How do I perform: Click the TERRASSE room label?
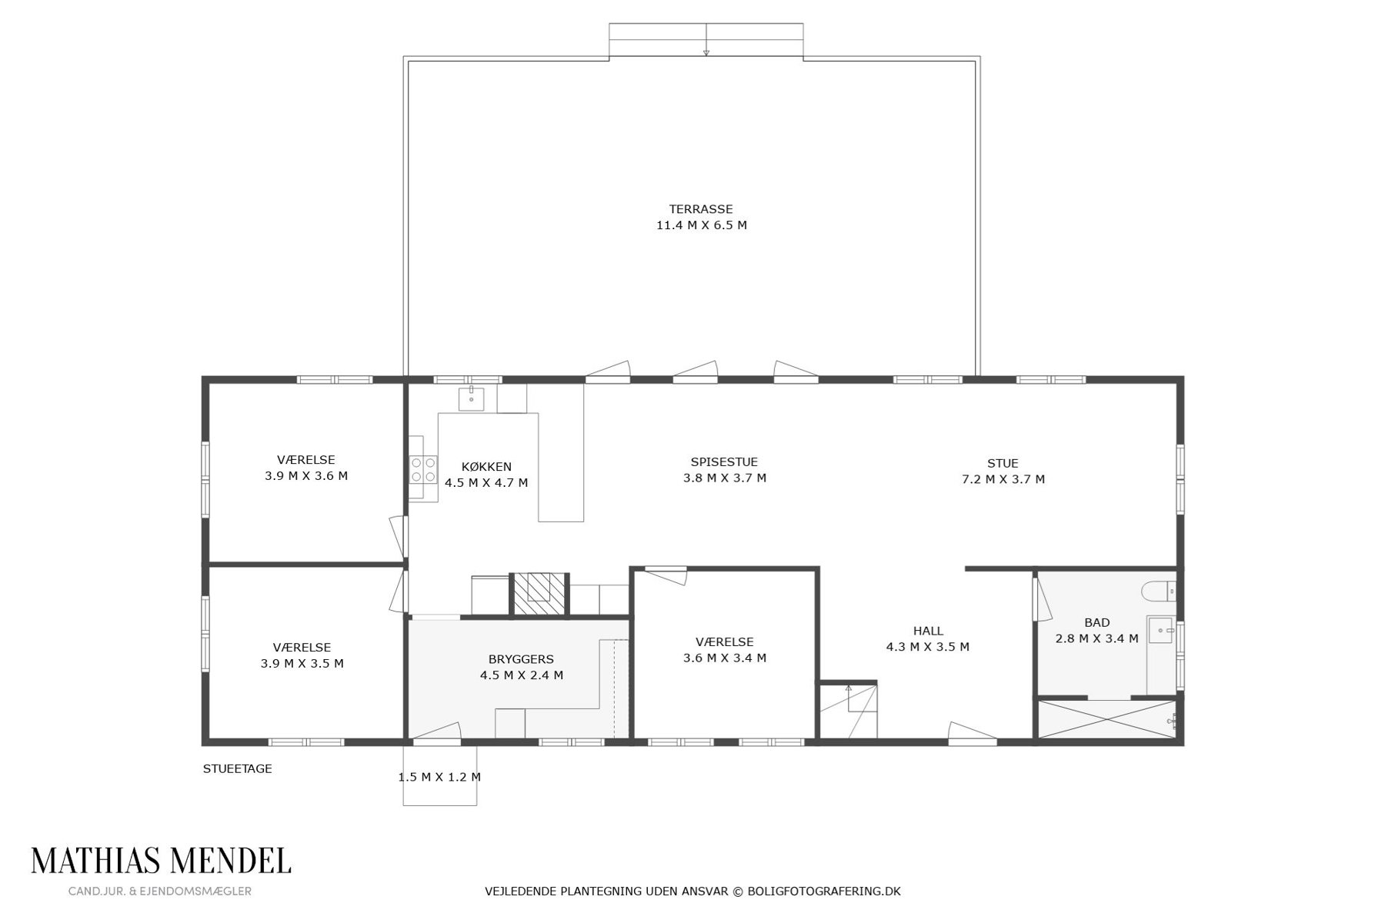[x=700, y=208]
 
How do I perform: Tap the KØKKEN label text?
[x=486, y=467]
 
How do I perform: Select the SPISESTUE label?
[x=724, y=462]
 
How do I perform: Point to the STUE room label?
[x=1003, y=463]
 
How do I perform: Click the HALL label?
[x=928, y=631]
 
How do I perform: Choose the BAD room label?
[x=1097, y=622]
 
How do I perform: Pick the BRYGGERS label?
[x=521, y=659]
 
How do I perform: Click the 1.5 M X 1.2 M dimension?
[x=439, y=777]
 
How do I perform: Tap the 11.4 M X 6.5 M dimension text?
[x=701, y=225]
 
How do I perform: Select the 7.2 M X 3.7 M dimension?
[x=1003, y=479]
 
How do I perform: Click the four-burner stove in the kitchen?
[x=423, y=469]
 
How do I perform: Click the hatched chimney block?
[x=539, y=595]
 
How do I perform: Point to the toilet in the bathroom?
[x=1158, y=591]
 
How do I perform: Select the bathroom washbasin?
[x=1160, y=630]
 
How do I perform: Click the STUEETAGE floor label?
[x=237, y=768]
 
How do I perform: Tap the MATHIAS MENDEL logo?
[x=161, y=861]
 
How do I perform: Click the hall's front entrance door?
[x=973, y=735]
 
